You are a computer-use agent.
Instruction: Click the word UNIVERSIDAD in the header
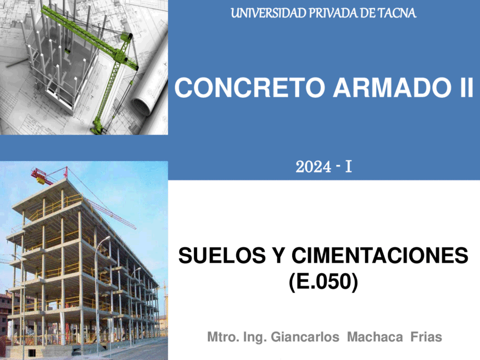269,13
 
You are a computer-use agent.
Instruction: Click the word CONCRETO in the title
249,87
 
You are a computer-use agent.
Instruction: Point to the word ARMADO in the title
392,87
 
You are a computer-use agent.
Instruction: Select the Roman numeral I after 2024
348,167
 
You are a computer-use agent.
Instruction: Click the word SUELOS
222,256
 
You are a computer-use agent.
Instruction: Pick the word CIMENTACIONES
379,256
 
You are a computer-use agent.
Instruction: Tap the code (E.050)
323,281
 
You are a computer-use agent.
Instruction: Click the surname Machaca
375,337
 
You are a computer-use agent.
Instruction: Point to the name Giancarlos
305,337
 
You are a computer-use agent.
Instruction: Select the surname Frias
426,337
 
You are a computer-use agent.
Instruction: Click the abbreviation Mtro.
223,337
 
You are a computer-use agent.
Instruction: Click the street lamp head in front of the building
107,238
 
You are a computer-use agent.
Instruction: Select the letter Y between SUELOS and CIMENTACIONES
278,256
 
